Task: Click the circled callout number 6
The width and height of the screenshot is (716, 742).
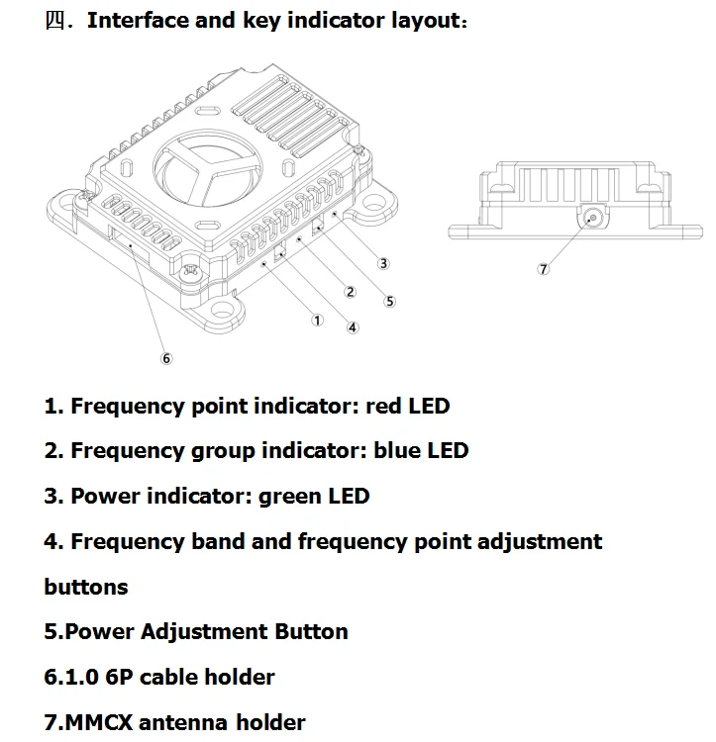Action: coord(166,358)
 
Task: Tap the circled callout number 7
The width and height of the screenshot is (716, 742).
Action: coord(544,269)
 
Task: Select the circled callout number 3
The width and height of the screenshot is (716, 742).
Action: coord(384,263)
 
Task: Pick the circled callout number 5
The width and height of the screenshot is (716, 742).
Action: coord(390,301)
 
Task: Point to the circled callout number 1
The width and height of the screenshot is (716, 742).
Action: coord(317,320)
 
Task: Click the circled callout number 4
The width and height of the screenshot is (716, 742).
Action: coord(353,327)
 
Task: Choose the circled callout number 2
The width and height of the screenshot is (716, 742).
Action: coord(350,291)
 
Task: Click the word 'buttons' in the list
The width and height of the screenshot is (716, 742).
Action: coord(86,587)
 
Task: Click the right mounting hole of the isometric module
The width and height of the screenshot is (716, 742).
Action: coord(375,203)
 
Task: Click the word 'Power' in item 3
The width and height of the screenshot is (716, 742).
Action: coord(105,496)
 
